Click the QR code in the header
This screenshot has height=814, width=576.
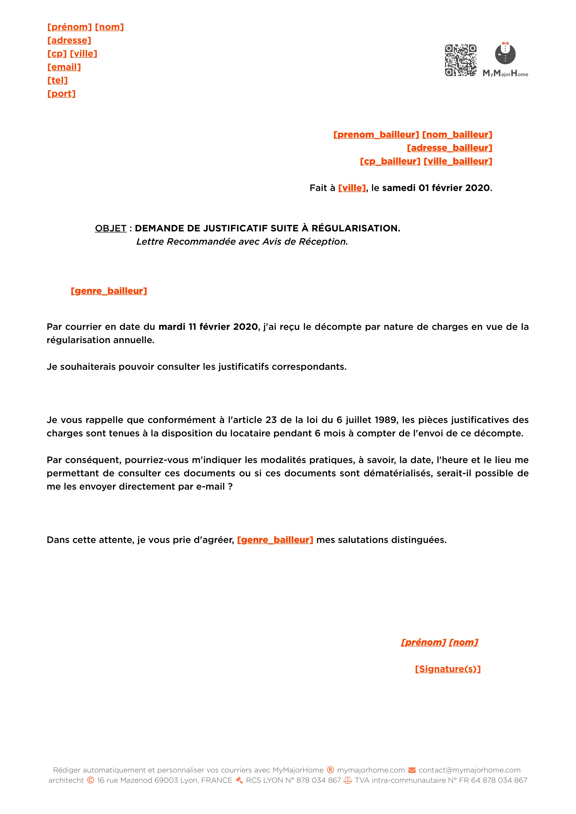460,60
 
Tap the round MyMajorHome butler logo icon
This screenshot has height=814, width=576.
505,54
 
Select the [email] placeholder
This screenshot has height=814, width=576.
64,67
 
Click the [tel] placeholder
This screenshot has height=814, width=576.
58,80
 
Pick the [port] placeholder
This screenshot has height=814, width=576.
61,94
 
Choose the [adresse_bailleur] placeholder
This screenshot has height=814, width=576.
449,148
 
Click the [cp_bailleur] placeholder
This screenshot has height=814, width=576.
390,161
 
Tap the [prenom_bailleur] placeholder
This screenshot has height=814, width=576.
376,135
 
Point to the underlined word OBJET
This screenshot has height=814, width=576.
111,228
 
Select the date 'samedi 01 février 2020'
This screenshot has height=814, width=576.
436,188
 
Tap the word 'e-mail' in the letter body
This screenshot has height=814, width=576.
210,487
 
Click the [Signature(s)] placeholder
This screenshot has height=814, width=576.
448,669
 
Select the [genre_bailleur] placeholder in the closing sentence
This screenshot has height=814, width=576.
275,540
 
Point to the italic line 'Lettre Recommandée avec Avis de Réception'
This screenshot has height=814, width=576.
242,242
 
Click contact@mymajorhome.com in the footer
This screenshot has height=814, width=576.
469,770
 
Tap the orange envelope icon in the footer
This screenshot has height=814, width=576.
412,770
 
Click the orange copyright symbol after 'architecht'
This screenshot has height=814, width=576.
91,780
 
